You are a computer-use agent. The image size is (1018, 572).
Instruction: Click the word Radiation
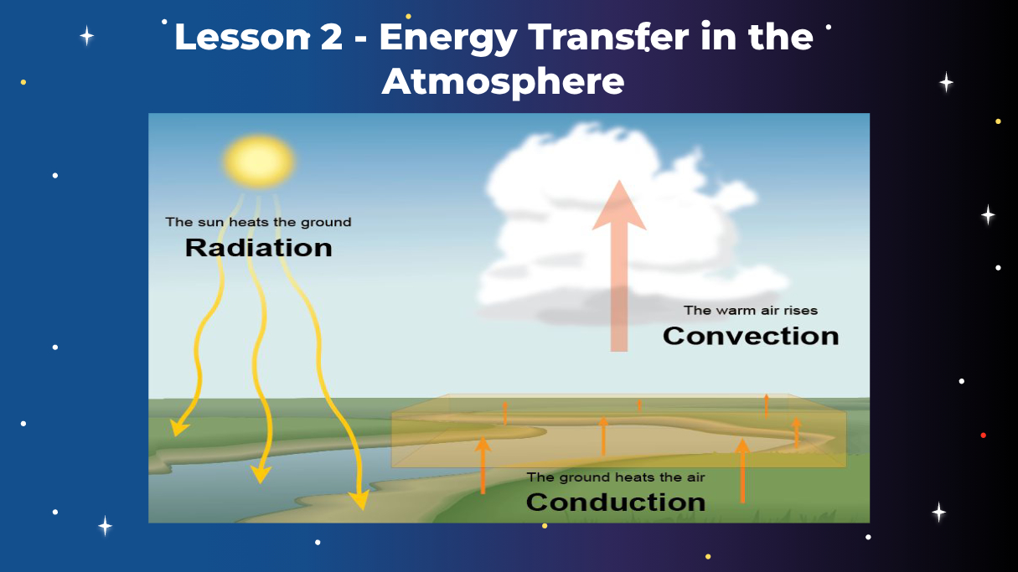coord(259,248)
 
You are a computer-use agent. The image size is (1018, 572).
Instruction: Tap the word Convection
coord(751,336)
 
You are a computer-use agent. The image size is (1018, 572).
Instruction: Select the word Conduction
coord(616,502)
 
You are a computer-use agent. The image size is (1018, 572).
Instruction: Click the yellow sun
coord(259,162)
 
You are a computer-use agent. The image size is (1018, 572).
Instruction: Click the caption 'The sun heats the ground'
coord(258,222)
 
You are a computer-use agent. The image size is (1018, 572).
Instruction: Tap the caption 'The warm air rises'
coord(751,311)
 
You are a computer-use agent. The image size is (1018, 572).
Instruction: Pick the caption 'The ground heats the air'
coord(616,477)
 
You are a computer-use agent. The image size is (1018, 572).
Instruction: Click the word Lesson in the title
coord(242,37)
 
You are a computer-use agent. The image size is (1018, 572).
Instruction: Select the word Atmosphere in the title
coord(503,82)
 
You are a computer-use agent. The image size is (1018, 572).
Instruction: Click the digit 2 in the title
coord(331,37)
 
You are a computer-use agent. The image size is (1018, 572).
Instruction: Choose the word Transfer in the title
coord(608,36)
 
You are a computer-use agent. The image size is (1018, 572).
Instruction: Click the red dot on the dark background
coord(983,435)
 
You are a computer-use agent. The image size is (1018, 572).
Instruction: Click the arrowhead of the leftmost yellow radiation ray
coord(178,428)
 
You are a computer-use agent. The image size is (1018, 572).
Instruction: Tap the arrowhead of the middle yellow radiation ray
coord(261,475)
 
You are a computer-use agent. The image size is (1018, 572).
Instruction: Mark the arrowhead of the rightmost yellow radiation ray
coord(360,501)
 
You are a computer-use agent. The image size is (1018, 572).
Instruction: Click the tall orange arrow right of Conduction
coord(742,470)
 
